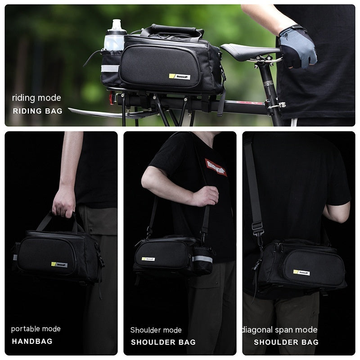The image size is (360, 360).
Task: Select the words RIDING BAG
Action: [x=37, y=110]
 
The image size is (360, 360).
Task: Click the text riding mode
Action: [x=36, y=98]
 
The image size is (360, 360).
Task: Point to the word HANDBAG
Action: [x=32, y=341]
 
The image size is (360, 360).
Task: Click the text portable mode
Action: [x=36, y=329]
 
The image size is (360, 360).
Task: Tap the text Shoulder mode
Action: [x=156, y=330]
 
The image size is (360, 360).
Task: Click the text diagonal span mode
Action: [x=280, y=330]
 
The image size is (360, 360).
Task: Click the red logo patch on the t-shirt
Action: [x=216, y=167]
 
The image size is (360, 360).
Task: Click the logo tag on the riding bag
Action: [x=179, y=77]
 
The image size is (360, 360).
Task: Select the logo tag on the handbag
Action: [x=59, y=265]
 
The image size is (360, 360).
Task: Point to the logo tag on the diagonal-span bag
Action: [x=301, y=272]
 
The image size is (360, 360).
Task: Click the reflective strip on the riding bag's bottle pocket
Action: [x=110, y=68]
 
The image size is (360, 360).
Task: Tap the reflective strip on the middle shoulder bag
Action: [x=202, y=259]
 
